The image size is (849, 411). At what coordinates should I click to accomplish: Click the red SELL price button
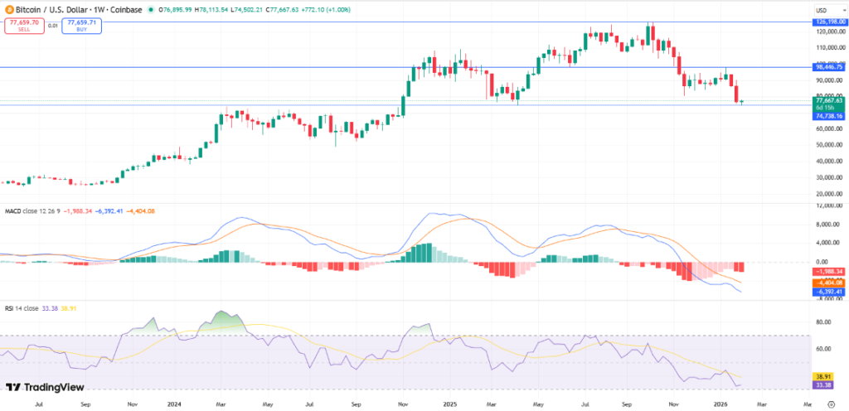coord(20,25)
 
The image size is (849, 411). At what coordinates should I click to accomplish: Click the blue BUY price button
coord(81,25)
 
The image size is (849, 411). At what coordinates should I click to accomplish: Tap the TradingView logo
coord(38,387)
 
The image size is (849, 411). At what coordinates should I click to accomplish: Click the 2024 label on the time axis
coord(174,404)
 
